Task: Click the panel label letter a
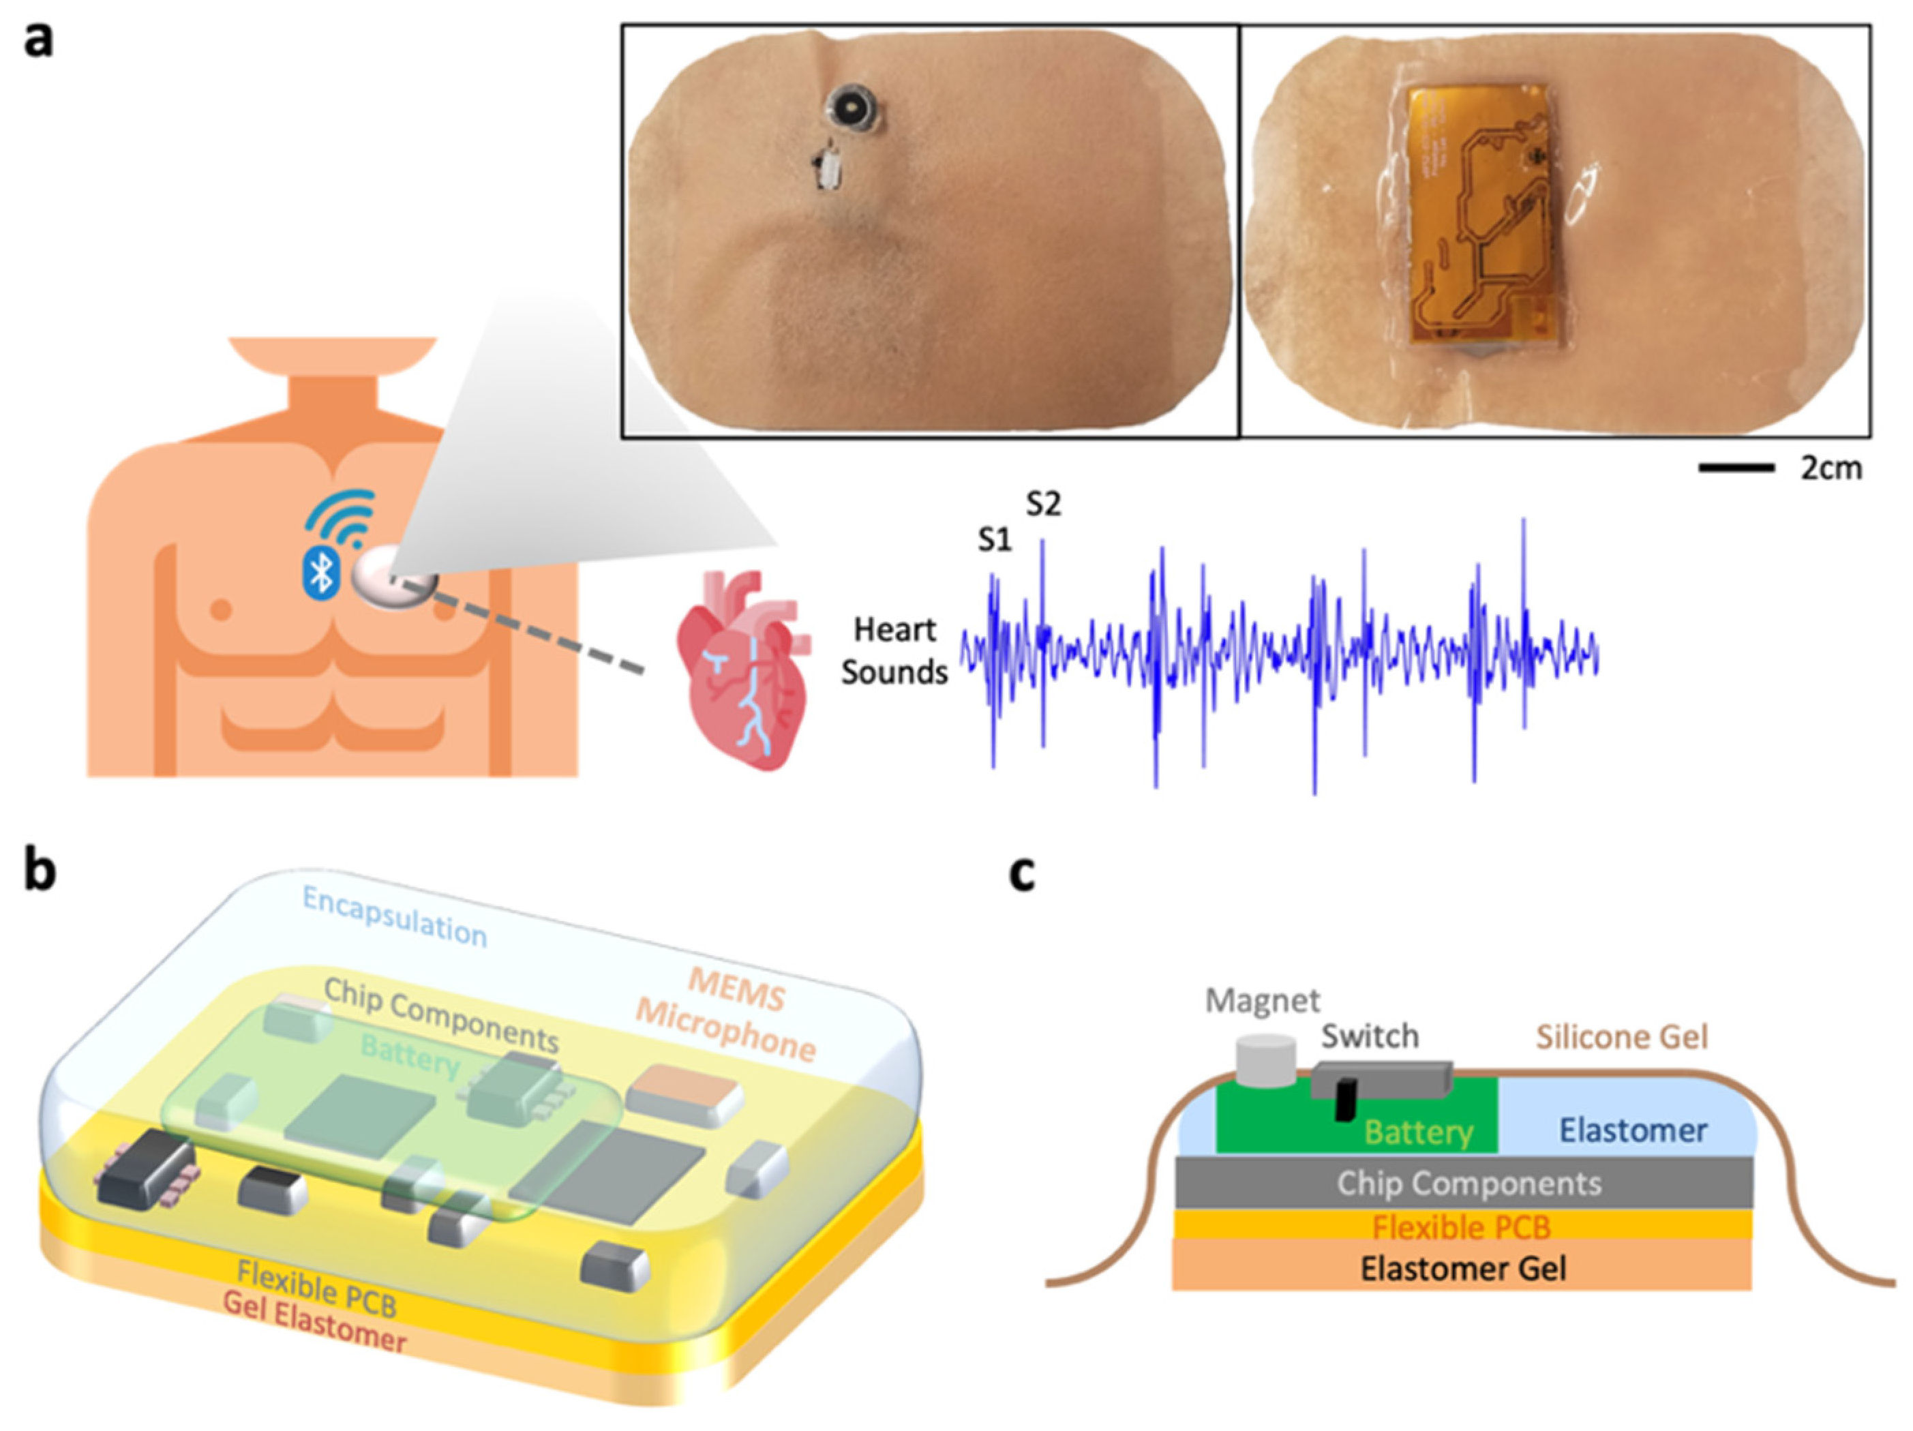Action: (38, 40)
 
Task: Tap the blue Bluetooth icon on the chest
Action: (321, 571)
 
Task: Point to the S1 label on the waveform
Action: (995, 541)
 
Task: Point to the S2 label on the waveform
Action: (1043, 503)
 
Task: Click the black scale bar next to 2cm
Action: (1736, 468)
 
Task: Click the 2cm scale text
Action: (1831, 468)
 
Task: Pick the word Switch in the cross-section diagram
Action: (1370, 1036)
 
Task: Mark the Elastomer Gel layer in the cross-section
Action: (1462, 1269)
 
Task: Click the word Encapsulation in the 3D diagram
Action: (394, 916)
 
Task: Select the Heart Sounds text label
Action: (894, 650)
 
